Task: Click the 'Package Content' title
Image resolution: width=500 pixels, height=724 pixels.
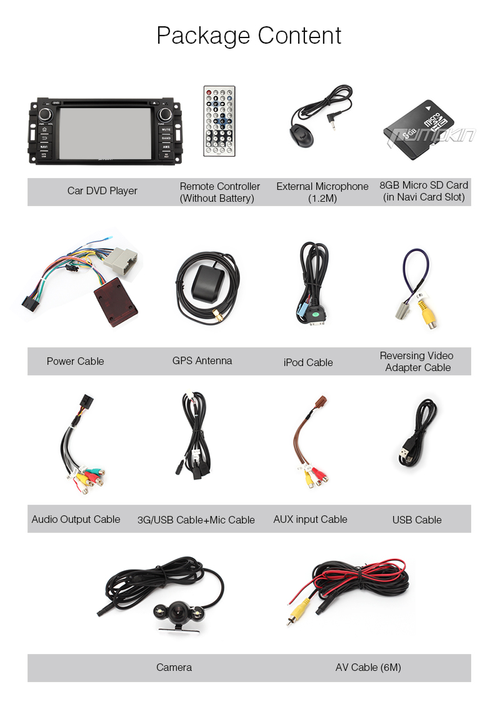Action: (249, 36)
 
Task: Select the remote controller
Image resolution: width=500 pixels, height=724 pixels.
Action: (219, 121)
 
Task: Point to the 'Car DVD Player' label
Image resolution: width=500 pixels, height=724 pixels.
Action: (102, 191)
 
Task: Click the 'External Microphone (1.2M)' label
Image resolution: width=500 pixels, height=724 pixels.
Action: (322, 192)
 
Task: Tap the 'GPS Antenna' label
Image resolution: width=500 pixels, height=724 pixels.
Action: (202, 360)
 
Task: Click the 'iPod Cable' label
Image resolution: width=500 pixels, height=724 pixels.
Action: (308, 362)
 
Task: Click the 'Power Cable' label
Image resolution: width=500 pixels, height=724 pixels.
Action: (75, 361)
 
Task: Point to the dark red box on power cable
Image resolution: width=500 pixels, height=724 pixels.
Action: (115, 305)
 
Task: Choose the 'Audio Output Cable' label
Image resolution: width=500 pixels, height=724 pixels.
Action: (76, 519)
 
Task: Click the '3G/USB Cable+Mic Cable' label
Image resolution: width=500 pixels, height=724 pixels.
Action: (196, 520)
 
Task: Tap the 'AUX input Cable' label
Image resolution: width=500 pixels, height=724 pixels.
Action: (310, 519)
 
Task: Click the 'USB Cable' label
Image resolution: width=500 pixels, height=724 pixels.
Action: (417, 520)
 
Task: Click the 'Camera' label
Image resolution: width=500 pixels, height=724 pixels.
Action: (174, 667)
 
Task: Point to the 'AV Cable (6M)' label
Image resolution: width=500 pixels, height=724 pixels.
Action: (368, 667)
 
